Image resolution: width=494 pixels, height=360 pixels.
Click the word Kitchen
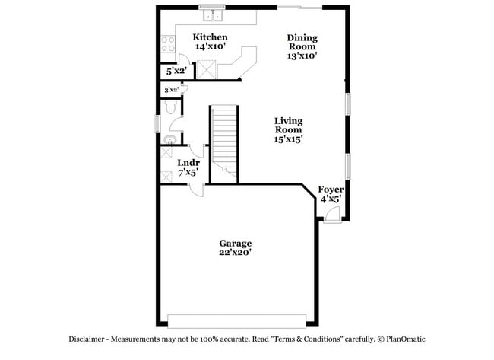point(210,37)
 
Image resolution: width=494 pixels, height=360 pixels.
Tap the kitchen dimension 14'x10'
point(210,46)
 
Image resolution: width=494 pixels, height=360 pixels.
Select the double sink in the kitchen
point(211,14)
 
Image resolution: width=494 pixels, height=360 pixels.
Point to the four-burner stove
point(167,44)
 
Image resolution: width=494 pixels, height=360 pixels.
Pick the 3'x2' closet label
point(171,90)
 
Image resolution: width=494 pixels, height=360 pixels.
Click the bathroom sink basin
point(168,139)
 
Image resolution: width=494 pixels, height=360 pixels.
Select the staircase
point(224,137)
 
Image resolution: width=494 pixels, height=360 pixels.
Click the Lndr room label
point(188,163)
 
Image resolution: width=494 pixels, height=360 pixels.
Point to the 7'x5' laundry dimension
point(188,173)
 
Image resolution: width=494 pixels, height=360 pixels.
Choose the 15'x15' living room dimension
point(289,140)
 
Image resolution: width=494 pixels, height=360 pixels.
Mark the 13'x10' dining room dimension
point(302,55)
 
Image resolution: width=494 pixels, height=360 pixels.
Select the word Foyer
point(330,189)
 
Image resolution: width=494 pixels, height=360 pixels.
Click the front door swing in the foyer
point(331,215)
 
